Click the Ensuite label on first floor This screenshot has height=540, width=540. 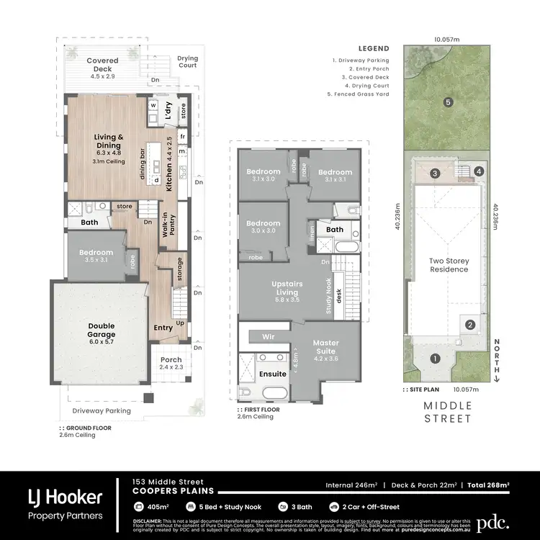point(273,374)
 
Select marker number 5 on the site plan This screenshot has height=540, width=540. point(448,102)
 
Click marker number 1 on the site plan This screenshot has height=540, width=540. point(434,359)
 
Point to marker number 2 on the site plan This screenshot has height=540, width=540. point(469,325)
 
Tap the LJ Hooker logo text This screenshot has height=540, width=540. point(65,497)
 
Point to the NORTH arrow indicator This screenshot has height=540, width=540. point(497,358)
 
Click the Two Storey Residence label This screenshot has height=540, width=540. point(449,265)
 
